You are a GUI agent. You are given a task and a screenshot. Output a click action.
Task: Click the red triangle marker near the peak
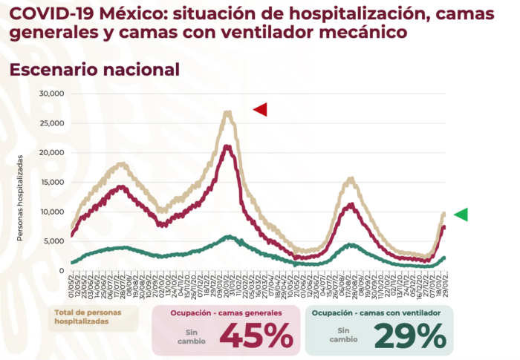pos(260,110)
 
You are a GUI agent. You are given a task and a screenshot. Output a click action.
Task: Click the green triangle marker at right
pos(461,215)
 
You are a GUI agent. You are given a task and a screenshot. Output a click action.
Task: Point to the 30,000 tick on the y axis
pos(53,94)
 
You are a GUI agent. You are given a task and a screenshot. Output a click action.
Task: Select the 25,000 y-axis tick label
pos(53,123)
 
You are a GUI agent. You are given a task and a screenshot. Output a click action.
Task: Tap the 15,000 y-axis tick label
pos(53,183)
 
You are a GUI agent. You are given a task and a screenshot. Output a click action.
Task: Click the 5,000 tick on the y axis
pos(56,241)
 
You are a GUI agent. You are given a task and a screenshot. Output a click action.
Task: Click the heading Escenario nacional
pos(94,69)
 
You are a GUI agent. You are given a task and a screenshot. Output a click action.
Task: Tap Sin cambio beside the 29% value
pos(343,336)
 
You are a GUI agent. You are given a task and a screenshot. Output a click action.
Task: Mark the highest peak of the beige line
pos(227,113)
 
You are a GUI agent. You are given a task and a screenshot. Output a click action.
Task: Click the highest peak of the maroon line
pos(227,146)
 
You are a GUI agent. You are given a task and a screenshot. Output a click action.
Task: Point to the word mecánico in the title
pos(367,33)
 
